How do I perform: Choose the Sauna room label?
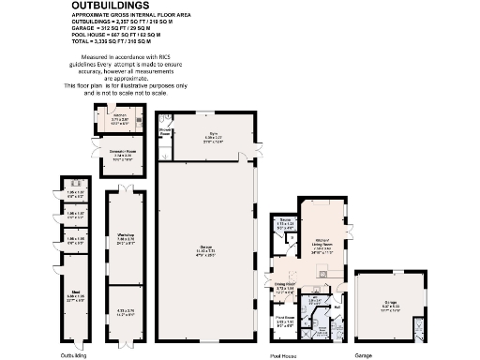click(281, 222)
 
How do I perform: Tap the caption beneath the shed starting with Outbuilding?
click(73, 355)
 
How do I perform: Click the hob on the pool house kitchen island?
click(322, 273)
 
